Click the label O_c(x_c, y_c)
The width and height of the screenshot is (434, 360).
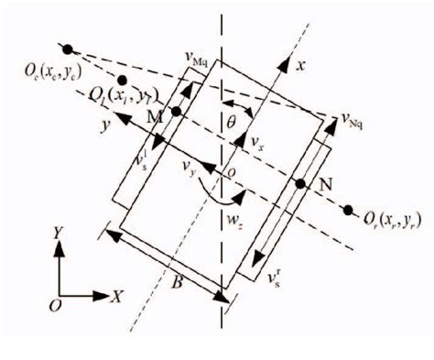click(42, 71)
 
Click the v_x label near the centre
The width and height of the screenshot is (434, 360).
click(258, 147)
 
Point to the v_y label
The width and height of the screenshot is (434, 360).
click(190, 165)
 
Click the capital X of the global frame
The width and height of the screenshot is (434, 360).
click(116, 297)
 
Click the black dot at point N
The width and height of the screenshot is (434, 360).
click(298, 184)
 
